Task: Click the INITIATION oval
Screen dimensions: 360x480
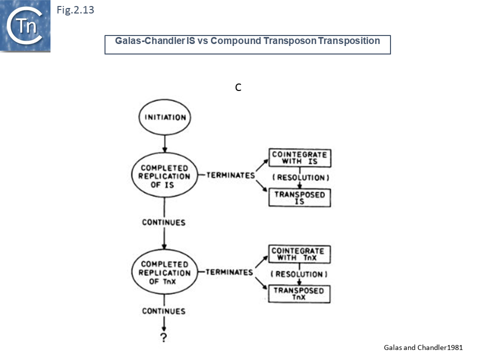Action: point(164,117)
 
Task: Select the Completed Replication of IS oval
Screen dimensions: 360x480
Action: point(164,176)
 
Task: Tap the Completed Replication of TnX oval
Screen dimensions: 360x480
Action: point(164,272)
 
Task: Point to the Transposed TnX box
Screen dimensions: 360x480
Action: point(299,294)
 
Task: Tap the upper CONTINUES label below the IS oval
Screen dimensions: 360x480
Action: point(163,222)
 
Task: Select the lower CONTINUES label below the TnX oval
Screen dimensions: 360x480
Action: point(163,311)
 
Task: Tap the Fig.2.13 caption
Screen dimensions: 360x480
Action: point(75,9)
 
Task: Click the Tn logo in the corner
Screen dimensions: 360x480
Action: point(25,26)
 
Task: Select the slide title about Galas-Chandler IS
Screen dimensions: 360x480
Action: point(247,41)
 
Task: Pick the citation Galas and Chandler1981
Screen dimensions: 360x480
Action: point(423,347)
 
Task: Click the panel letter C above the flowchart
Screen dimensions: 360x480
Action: point(238,87)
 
